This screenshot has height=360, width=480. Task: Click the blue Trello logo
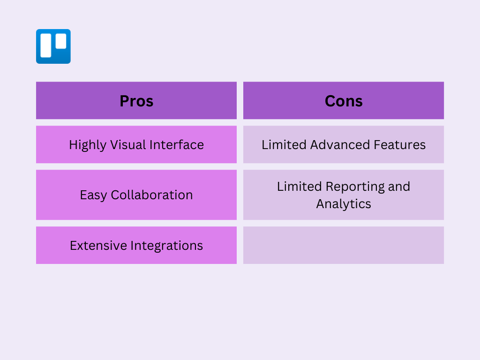53,46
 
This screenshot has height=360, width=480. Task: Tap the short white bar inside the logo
61,41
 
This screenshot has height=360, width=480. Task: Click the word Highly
88,145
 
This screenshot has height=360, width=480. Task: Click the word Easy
93,195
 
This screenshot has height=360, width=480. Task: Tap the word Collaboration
152,195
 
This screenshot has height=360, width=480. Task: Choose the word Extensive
98,246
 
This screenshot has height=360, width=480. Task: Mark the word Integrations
167,246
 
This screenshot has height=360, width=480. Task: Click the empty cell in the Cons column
344,245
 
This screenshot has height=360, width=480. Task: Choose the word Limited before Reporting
300,187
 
